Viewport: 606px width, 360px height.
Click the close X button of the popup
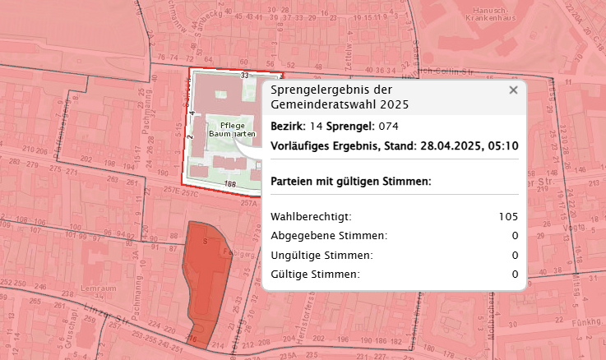tap(513, 90)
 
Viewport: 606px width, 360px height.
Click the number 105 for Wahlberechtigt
tap(507, 217)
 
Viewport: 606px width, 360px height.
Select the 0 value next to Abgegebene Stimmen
tap(515, 236)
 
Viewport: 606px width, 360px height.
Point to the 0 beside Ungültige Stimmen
tap(515, 256)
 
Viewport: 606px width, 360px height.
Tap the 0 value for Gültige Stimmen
tap(515, 275)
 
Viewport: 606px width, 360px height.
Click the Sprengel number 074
tap(389, 127)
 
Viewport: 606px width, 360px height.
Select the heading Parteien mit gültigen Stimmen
tap(350, 181)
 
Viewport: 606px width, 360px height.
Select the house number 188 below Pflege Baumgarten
tap(229, 184)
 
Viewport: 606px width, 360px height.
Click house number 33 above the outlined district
tap(244, 75)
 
